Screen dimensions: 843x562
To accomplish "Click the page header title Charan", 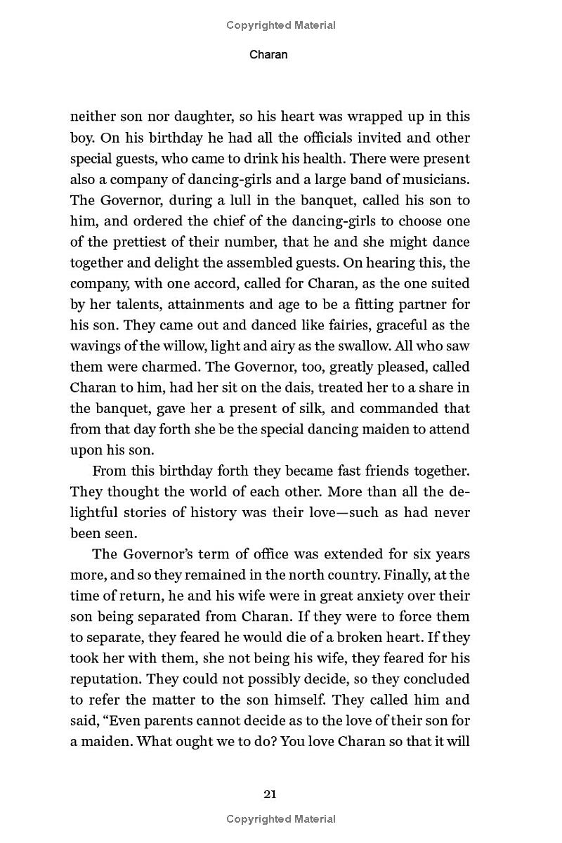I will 268,54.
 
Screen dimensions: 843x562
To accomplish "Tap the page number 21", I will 270,795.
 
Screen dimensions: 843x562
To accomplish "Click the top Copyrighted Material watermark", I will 281,25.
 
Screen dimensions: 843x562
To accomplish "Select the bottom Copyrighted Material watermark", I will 281,819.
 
